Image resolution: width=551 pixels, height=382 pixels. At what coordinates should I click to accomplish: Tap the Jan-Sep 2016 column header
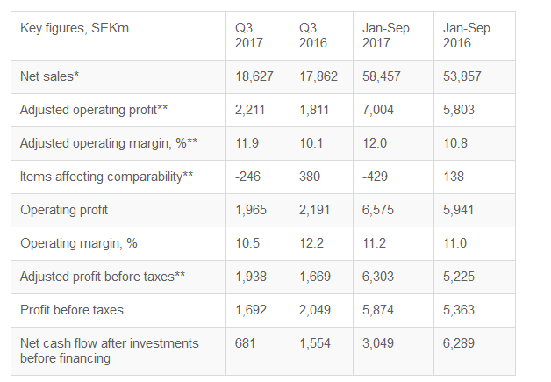coord(467,35)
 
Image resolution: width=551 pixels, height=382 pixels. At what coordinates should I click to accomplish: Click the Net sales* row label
coord(49,76)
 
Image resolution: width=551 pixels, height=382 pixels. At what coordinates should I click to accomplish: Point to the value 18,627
coord(254,76)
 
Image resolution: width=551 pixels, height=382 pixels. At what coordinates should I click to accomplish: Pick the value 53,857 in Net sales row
coord(462,76)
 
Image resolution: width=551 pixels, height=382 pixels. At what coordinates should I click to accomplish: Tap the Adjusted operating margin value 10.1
coord(311,143)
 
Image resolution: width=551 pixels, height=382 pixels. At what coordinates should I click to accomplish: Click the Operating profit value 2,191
coord(315,210)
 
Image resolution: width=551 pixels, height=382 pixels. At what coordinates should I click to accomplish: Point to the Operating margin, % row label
coord(79,243)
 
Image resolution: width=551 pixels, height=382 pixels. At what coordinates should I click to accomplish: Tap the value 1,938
coord(252,277)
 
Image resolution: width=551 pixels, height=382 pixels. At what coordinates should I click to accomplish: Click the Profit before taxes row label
coord(72,310)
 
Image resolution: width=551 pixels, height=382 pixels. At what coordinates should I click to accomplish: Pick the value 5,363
coord(460,310)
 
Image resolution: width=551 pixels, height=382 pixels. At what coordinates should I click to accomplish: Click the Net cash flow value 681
coord(246,343)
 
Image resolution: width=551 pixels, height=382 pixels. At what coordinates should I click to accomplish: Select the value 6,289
coord(460,343)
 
